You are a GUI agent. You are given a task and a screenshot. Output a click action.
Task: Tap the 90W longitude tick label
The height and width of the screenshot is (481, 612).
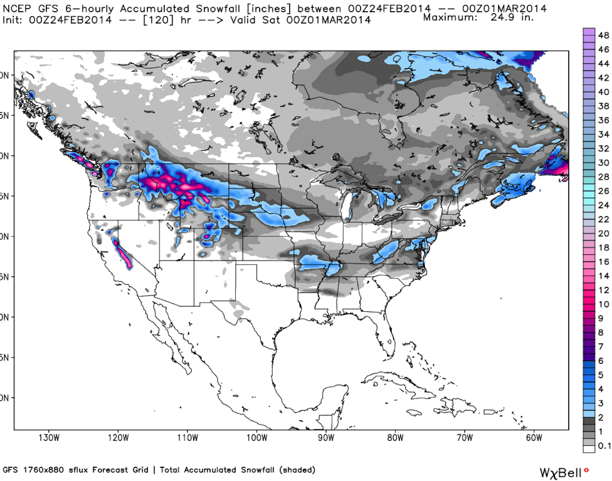pos(325,438)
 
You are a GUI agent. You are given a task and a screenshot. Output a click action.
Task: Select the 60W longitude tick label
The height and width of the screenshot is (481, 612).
pos(533,438)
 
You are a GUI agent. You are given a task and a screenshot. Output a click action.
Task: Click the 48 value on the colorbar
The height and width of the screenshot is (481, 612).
pos(602,35)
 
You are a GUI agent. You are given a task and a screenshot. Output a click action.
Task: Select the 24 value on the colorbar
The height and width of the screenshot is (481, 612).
pos(602,205)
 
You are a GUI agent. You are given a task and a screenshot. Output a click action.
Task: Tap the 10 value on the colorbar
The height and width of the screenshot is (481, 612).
pos(602,304)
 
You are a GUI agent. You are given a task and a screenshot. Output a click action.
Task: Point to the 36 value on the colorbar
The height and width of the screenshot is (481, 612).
pos(602,120)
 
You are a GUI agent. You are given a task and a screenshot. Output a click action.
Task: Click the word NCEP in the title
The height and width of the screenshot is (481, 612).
pos(15,8)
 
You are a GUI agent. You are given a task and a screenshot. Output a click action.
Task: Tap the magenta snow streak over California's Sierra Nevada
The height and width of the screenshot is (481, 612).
pos(122,253)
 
